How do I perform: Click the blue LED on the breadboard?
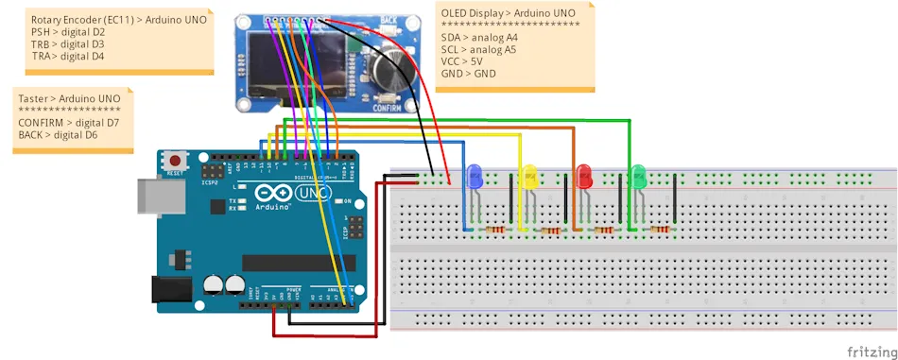coord(475,175)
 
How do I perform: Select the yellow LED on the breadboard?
coord(529,175)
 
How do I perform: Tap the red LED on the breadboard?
coord(584,174)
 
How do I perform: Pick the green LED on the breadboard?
coord(638,174)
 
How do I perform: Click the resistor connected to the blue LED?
coord(495,230)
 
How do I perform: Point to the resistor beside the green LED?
coord(661,230)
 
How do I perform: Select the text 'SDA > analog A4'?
coord(478,37)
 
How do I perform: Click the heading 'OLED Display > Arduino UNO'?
coord(508,12)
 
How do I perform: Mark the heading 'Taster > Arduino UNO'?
coord(69,98)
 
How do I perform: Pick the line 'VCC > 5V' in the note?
coord(461,61)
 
